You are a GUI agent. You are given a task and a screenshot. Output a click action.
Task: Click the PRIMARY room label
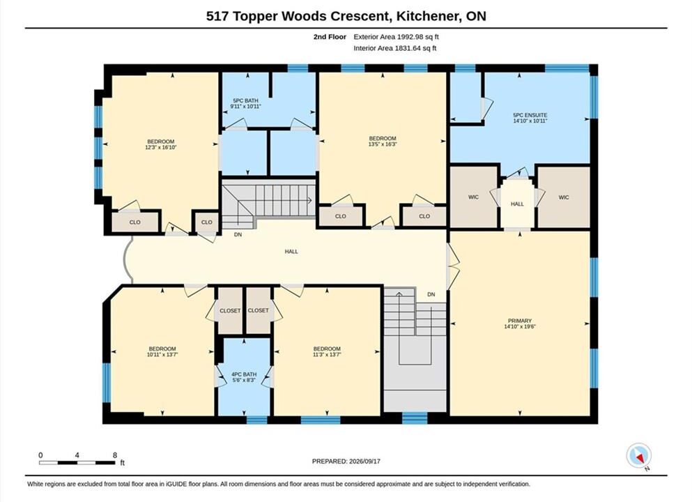tap(520, 321)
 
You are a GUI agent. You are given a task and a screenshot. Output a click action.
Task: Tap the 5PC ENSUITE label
tap(530, 115)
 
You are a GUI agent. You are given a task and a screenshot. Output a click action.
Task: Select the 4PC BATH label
tap(244, 374)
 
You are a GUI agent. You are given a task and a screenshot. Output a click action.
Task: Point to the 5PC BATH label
tap(245, 100)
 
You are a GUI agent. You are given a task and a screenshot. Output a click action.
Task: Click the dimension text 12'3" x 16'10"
tap(161, 148)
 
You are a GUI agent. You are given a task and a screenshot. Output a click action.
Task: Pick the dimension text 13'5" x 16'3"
tap(383, 144)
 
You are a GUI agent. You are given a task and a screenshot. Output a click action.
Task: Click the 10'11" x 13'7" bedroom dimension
tap(162, 354)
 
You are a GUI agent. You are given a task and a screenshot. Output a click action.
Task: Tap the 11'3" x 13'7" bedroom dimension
tap(327, 354)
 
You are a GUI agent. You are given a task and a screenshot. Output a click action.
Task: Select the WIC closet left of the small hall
tap(474, 197)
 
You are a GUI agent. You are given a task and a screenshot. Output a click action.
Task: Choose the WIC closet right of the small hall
tap(564, 197)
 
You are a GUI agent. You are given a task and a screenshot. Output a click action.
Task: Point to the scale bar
tap(77, 463)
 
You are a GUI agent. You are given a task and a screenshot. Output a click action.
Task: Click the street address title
tap(346, 16)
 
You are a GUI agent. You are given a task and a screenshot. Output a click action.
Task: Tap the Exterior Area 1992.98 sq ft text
tap(397, 37)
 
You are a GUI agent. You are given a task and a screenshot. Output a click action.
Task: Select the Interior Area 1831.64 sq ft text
tap(395, 48)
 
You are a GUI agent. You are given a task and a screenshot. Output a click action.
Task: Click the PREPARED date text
tap(346, 461)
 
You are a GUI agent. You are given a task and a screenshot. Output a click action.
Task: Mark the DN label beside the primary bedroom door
tap(431, 294)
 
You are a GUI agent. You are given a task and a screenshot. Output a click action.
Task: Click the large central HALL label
tap(291, 252)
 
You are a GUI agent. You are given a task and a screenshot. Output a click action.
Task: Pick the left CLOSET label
tap(230, 311)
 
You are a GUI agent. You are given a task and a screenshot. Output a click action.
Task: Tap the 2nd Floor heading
tap(330, 37)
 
